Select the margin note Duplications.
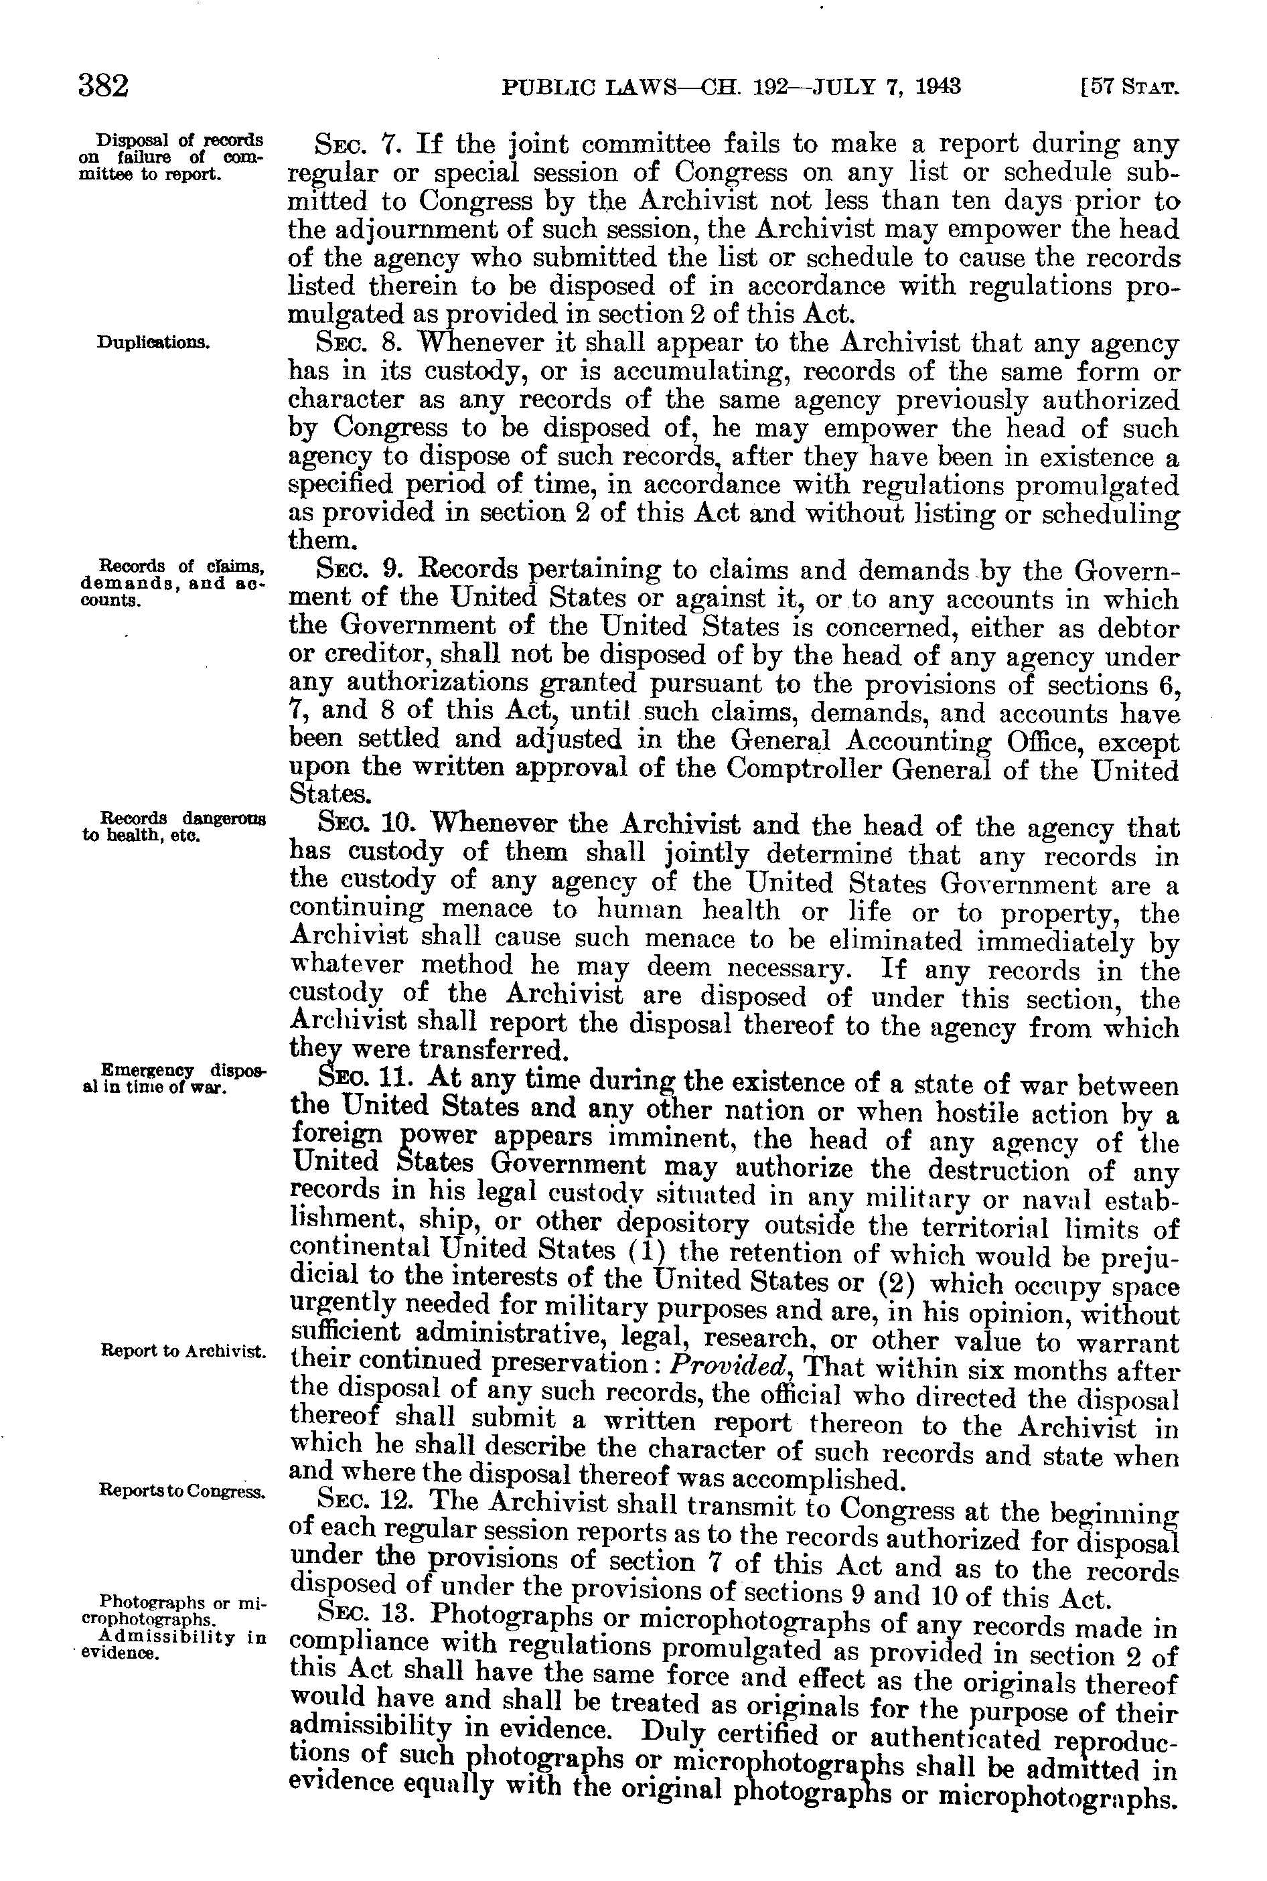[153, 342]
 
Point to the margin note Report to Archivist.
[183, 1350]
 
